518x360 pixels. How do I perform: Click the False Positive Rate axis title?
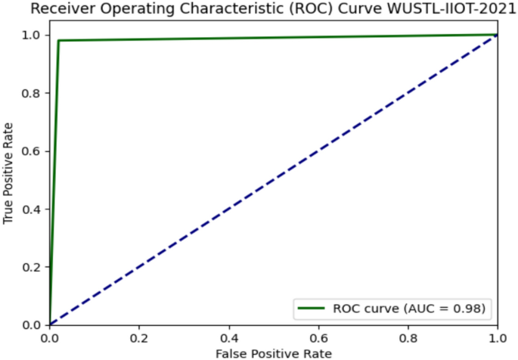click(x=273, y=353)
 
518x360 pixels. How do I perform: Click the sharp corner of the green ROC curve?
click(x=58, y=41)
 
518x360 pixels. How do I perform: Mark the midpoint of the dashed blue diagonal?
click(x=273, y=179)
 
